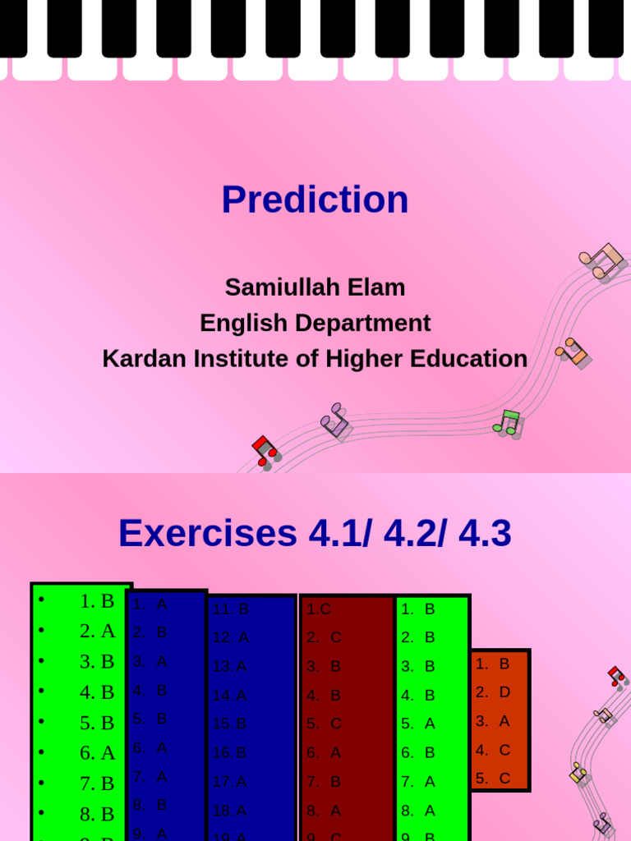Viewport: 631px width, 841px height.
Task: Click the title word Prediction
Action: pos(315,200)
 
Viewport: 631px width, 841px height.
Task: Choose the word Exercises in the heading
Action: pos(207,534)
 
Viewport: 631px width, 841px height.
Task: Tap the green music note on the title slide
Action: pos(508,422)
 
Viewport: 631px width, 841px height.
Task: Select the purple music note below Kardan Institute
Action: pos(335,420)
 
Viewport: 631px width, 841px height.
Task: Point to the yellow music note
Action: pos(578,773)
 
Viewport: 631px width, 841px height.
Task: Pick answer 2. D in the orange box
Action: pos(493,692)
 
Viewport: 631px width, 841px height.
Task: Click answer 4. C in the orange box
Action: pos(493,749)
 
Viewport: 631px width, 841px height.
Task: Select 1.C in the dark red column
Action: pos(319,609)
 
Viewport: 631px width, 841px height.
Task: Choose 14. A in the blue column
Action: pos(230,695)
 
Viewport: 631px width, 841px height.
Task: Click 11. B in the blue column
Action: pos(231,609)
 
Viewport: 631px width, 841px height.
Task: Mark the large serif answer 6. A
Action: pos(97,752)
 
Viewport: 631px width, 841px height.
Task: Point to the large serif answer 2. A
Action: pos(97,631)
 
